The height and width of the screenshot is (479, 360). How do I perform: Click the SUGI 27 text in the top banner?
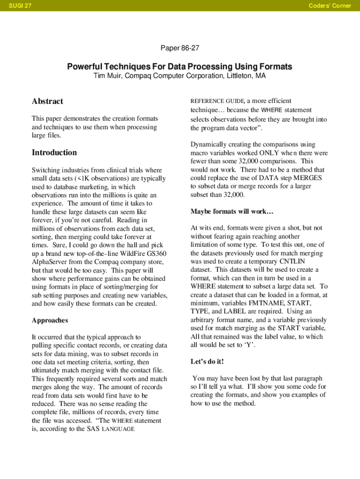16,6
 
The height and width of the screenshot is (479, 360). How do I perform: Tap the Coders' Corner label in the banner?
330,6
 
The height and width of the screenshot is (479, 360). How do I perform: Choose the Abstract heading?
47,102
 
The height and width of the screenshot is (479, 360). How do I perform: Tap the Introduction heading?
54,152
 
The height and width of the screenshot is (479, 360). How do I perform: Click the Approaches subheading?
50,320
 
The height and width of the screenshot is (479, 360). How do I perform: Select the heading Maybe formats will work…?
231,212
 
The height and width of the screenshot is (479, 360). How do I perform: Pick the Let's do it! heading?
207,362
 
